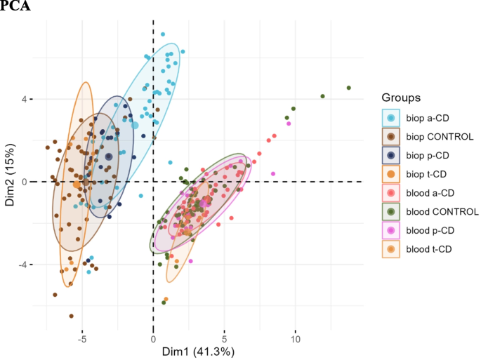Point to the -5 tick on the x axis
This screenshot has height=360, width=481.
click(81, 337)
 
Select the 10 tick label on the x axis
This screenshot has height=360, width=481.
click(295, 337)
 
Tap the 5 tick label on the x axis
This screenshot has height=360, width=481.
click(224, 337)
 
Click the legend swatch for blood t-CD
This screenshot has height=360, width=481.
click(390, 249)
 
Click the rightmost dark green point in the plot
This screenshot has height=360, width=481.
click(349, 88)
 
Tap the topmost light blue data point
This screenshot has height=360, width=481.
click(163, 34)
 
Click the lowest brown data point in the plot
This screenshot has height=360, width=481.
click(71, 316)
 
